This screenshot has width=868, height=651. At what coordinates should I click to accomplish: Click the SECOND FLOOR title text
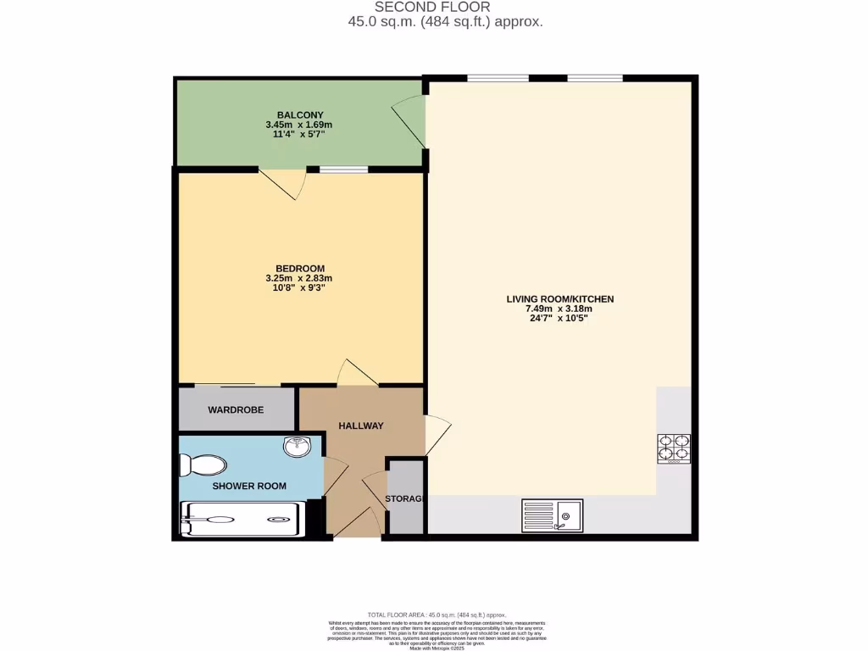coord(432,8)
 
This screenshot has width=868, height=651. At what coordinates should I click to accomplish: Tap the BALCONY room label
coord(299,114)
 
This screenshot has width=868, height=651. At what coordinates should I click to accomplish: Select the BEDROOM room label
coord(299,269)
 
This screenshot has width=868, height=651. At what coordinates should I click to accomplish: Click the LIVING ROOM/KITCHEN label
coord(559,299)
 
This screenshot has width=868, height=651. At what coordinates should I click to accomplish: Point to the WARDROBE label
coord(236,410)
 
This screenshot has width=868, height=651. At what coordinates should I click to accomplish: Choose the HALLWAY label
coord(361,426)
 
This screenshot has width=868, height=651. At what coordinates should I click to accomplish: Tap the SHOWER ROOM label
coord(248,487)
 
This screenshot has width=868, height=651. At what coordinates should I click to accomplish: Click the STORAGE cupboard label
coord(404,498)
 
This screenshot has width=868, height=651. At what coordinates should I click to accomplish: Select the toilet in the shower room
coord(203,465)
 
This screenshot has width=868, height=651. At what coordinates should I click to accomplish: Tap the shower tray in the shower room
coord(242,519)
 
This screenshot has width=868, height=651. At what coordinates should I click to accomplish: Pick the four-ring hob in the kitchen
coord(674,448)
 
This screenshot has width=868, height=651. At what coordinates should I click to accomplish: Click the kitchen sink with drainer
coord(551,514)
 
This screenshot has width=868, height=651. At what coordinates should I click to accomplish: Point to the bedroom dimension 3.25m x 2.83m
coord(299,278)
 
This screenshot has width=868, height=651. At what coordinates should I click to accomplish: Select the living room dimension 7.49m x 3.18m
coord(559,309)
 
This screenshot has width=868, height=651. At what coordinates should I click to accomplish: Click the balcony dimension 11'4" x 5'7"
coord(299,134)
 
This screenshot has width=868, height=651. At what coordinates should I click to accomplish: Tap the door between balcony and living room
coord(409,125)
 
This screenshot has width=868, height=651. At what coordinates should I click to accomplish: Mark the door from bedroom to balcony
coord(281,182)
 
